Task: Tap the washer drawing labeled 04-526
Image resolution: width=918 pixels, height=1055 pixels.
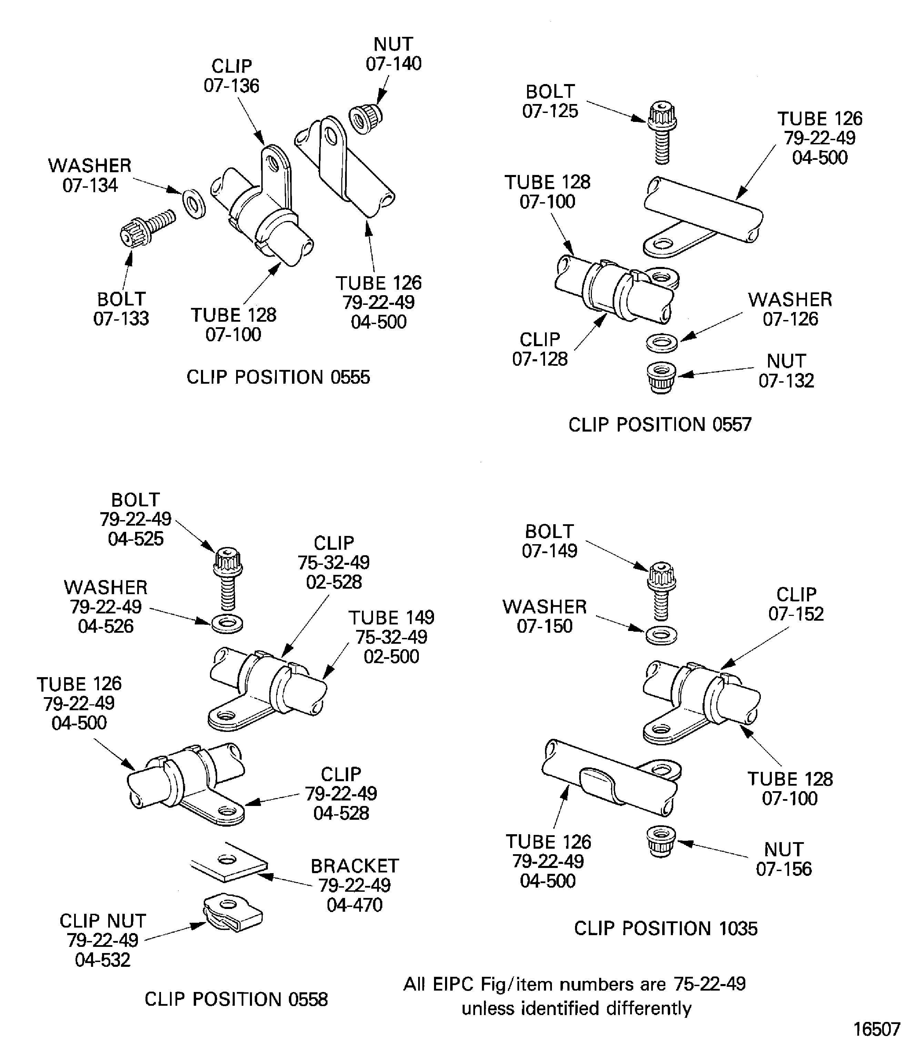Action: [x=227, y=623]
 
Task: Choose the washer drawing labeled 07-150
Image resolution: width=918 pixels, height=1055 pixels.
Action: [x=661, y=635]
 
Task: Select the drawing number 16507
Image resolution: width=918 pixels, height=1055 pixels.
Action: [x=877, y=1029]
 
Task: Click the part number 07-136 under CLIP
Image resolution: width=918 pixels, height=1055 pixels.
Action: [x=232, y=85]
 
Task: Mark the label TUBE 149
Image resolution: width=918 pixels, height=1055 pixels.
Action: [x=391, y=617]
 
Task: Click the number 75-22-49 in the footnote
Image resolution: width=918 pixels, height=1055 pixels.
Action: [x=709, y=984]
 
